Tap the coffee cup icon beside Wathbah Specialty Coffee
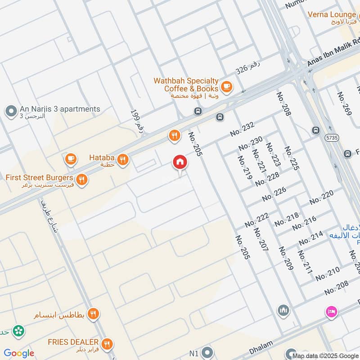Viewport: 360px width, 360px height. click(226, 85)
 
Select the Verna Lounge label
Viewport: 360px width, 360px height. click(332, 14)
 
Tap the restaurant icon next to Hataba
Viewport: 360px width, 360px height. click(122, 158)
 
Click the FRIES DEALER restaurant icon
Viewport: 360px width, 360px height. click(107, 344)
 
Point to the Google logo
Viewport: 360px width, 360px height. click(19, 353)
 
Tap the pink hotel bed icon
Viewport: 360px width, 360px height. click(332, 311)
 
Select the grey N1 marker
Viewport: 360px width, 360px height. click(207, 352)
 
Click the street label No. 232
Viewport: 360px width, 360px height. click(242, 130)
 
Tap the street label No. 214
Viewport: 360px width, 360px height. click(310, 238)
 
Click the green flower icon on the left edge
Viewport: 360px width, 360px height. click(18, 331)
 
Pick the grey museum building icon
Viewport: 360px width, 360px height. click(283, 310)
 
